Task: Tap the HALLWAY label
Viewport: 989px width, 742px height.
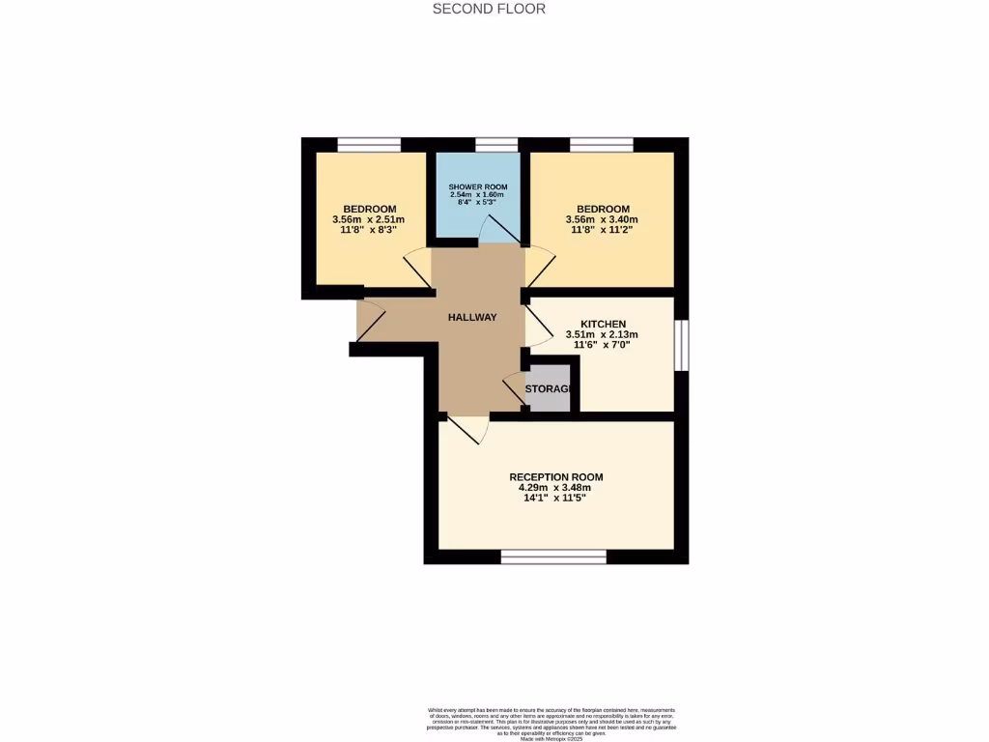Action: (472, 317)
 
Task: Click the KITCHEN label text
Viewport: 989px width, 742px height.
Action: (603, 324)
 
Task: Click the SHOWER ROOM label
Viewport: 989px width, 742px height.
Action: (477, 186)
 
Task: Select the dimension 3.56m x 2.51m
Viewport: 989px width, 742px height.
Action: (370, 220)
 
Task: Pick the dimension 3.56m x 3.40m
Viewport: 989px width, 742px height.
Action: (603, 220)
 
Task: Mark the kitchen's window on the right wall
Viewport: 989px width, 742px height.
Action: (681, 345)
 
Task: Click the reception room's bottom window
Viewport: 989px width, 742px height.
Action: (553, 556)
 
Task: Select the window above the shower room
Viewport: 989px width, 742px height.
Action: (497, 145)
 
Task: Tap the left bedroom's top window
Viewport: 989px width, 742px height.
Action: (369, 145)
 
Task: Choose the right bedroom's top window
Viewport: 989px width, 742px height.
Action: (602, 145)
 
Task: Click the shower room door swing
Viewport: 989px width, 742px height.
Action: (500, 230)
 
